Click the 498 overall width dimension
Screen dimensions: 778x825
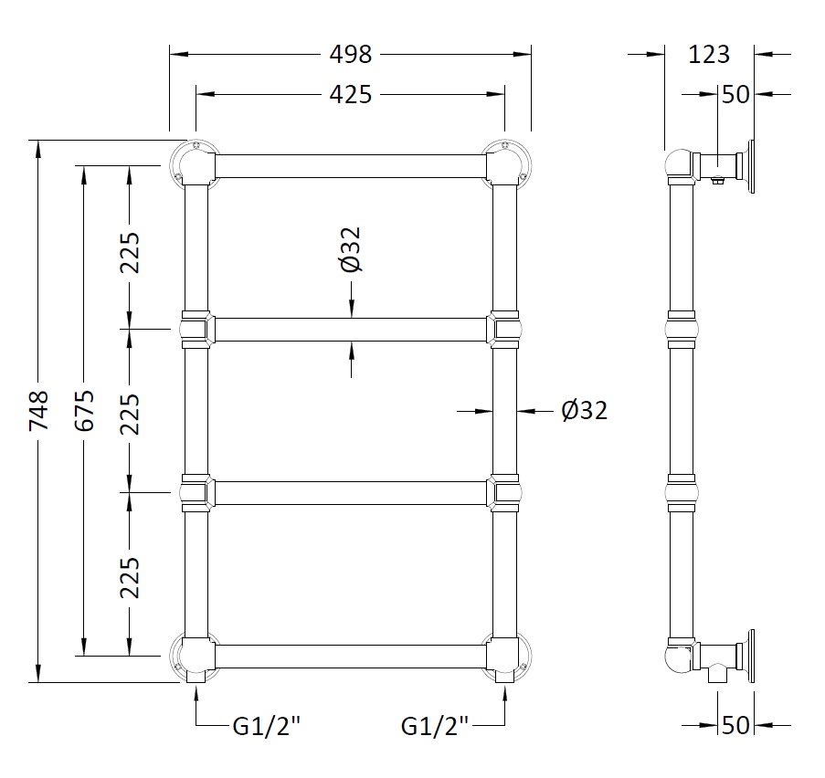click(x=351, y=55)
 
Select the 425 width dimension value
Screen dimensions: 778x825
click(x=351, y=94)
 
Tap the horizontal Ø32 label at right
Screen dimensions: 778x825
click(x=584, y=411)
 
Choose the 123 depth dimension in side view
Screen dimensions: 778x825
click(x=710, y=55)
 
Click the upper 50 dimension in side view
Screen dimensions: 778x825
click(x=735, y=94)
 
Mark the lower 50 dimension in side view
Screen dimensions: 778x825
click(x=735, y=725)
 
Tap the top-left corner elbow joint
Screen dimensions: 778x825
click(x=195, y=165)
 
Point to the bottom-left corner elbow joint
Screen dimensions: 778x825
click(x=195, y=656)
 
